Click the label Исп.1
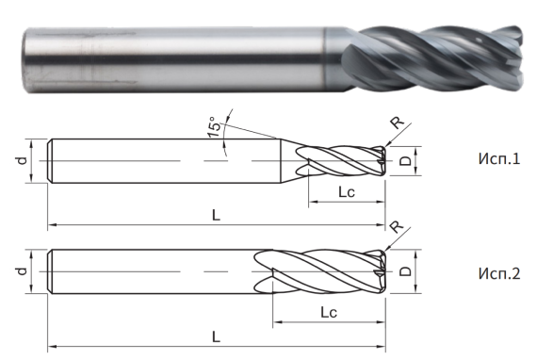(x=498, y=159)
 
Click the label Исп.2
(x=498, y=274)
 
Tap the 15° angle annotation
(x=215, y=125)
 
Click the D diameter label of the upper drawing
(x=405, y=162)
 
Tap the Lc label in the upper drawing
(x=346, y=192)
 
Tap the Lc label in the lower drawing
(x=329, y=312)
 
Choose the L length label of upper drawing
(x=216, y=215)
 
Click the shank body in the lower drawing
(x=151, y=272)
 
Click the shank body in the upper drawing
(x=160, y=162)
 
